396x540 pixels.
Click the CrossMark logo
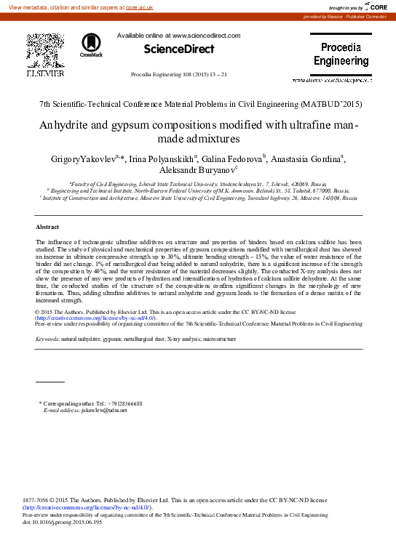coord(92,45)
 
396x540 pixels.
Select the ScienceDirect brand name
coord(179,49)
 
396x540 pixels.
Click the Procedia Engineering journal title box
coord(341,55)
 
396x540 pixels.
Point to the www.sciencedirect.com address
coord(206,35)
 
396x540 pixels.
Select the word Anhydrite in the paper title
coord(65,124)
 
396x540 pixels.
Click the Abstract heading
coord(47,227)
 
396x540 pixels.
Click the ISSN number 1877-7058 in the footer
coord(37,501)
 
